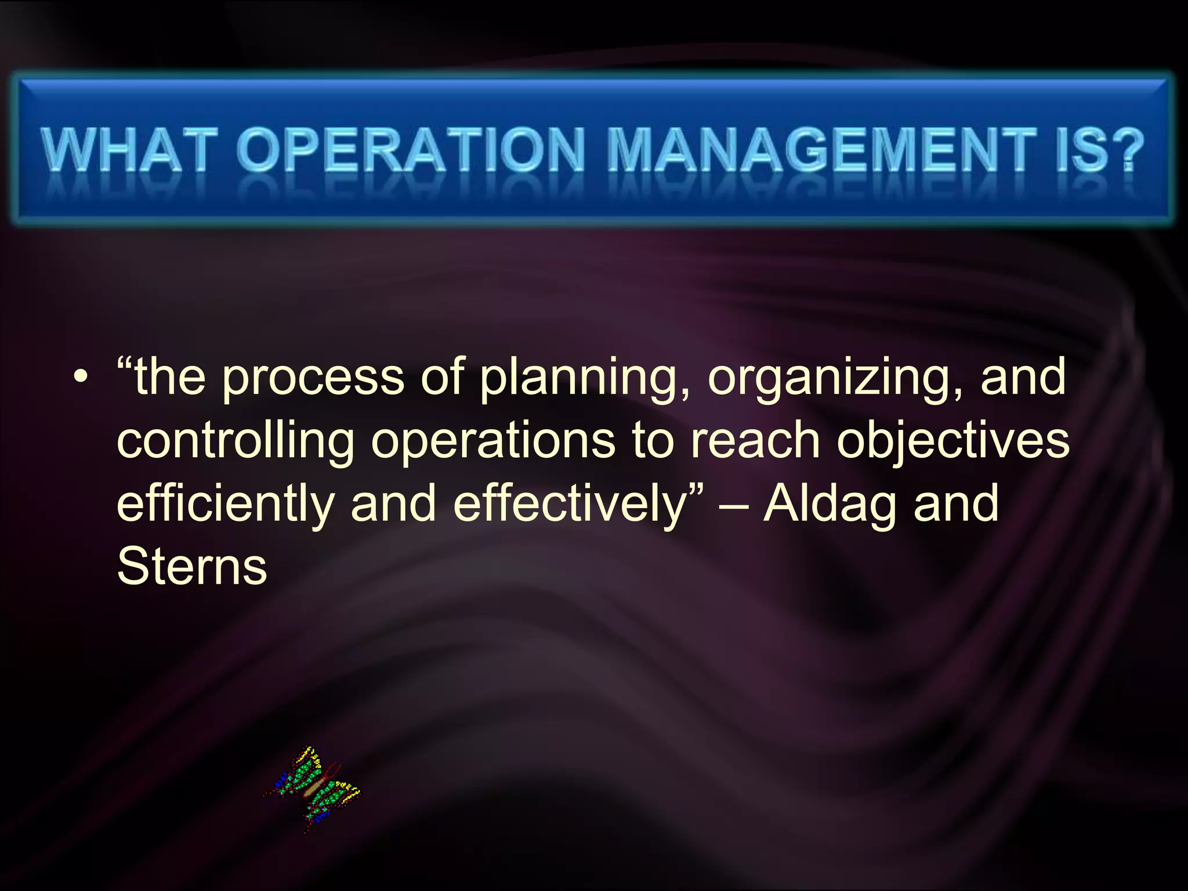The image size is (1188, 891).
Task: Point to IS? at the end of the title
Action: [x=1099, y=149]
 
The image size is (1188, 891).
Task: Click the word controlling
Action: [x=236, y=441]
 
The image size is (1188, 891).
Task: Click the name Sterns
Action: [x=192, y=566]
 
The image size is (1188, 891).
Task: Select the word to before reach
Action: [x=653, y=441]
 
